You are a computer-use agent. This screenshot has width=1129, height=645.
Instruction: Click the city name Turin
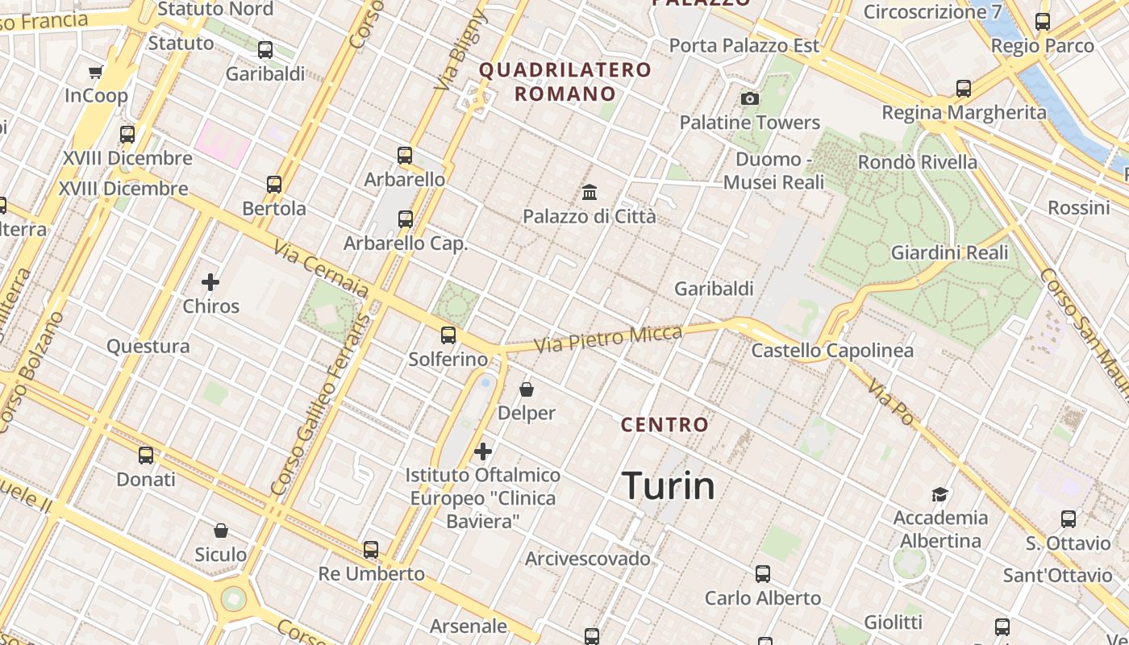pos(669,486)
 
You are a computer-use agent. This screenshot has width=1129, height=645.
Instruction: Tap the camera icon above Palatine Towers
pos(750,98)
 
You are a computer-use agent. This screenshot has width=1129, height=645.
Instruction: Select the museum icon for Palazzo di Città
pos(589,192)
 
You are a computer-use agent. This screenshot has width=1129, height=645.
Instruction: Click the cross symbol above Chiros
pos(210,281)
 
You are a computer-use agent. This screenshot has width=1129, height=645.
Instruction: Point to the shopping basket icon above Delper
pos(527,389)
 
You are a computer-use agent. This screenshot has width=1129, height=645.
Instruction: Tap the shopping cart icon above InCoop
pos(96,73)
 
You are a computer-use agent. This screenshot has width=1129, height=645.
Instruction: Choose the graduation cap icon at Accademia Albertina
pos(939,493)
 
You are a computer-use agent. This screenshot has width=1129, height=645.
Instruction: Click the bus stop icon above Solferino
pos(448,335)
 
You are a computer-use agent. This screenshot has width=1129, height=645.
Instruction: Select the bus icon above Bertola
pos(274,185)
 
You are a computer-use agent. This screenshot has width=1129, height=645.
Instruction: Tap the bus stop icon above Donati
pos(146,456)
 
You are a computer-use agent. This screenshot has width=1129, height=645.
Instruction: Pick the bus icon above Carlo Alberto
pos(763,574)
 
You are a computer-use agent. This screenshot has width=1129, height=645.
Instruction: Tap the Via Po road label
pos(891,402)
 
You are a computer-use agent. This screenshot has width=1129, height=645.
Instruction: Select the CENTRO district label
pos(664,424)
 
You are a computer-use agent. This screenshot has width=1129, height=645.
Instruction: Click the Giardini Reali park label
pos(949,252)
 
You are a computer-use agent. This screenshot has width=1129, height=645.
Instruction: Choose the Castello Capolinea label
pos(832,350)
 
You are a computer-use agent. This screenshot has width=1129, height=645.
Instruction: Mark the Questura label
pos(148,347)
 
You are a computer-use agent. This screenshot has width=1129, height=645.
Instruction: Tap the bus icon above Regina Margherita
pos(964,89)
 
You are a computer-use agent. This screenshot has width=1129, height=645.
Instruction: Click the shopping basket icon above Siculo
pos(221,531)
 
